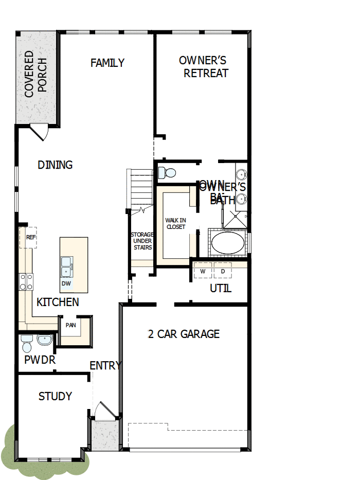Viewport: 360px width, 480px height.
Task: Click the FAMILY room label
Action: point(107,63)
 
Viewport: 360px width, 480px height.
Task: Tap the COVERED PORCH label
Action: point(35,74)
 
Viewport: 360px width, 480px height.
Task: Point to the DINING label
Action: point(55,165)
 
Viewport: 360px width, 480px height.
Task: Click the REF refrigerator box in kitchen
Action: point(31,238)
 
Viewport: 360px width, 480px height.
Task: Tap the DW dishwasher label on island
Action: point(66,283)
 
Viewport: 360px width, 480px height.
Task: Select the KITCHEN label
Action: point(58,302)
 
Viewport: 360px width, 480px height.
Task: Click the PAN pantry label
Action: point(70,325)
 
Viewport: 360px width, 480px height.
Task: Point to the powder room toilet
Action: point(27,341)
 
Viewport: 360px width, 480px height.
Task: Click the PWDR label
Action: point(40,360)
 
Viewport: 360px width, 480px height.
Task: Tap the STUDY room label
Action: point(55,397)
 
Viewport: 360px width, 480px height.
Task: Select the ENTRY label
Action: point(105,366)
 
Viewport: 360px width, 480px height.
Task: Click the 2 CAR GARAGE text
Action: point(184,334)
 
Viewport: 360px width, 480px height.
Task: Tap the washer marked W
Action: point(203,271)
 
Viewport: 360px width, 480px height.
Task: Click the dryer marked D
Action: point(223,271)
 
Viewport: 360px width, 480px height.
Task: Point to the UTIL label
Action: point(220,289)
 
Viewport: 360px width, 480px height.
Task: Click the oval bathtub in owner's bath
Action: point(229,243)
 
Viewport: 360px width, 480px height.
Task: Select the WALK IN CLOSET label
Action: point(175,223)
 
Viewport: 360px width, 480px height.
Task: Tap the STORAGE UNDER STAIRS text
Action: point(141,241)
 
